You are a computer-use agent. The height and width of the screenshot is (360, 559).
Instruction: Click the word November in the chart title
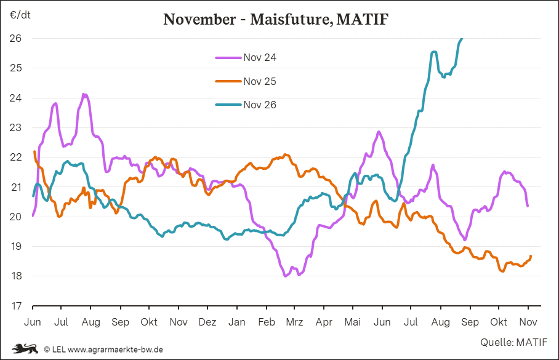tap(199, 19)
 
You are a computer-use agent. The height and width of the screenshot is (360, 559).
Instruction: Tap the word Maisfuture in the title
tap(292, 19)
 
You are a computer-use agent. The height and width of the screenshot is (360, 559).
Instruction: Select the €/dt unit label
tap(20, 15)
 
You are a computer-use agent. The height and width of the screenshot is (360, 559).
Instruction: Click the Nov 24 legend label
tap(260, 57)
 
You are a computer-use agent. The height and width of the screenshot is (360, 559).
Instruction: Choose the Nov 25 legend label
tap(260, 81)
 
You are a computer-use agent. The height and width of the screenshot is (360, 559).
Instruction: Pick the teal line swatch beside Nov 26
tap(228, 105)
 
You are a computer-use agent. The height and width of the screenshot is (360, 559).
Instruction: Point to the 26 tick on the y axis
tap(15, 38)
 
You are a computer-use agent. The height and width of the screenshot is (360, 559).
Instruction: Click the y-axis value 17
tap(16, 306)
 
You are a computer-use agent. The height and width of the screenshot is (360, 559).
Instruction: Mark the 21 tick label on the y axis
tap(15, 187)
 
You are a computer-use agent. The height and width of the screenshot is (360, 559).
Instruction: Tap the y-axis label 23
tap(15, 127)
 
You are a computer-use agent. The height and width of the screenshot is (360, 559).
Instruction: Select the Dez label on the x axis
tap(207, 322)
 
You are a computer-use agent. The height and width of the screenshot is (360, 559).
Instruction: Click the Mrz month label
tap(294, 322)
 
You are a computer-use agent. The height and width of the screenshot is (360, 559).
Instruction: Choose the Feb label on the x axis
tap(267, 322)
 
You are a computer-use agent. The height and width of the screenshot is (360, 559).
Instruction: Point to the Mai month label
tap(353, 322)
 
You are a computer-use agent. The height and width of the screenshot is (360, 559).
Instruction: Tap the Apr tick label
tap(324, 322)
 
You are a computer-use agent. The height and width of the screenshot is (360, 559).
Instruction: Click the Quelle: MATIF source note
tap(513, 342)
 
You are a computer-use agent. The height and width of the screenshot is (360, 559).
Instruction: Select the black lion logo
tap(25, 348)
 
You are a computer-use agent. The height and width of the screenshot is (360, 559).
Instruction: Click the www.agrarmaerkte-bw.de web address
tap(115, 350)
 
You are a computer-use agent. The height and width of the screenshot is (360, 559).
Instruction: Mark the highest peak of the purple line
tap(84, 94)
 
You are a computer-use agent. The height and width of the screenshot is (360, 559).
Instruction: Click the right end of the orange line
tap(531, 256)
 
